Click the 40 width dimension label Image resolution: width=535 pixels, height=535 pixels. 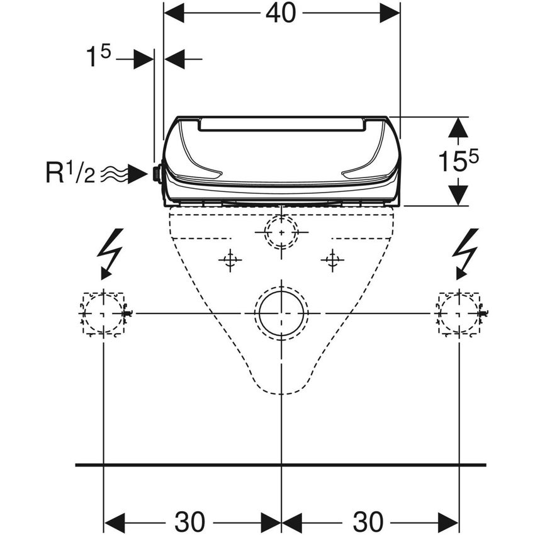point(281,13)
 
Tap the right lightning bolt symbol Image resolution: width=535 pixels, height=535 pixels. point(465,252)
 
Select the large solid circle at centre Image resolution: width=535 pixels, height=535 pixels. point(281,313)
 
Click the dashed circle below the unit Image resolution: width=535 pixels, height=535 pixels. point(281,231)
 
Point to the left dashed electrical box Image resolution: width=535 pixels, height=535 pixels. point(103,313)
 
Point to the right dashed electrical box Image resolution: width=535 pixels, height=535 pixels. point(459,313)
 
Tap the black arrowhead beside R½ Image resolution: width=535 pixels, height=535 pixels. point(137,174)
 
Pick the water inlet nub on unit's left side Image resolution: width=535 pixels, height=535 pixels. point(157,174)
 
